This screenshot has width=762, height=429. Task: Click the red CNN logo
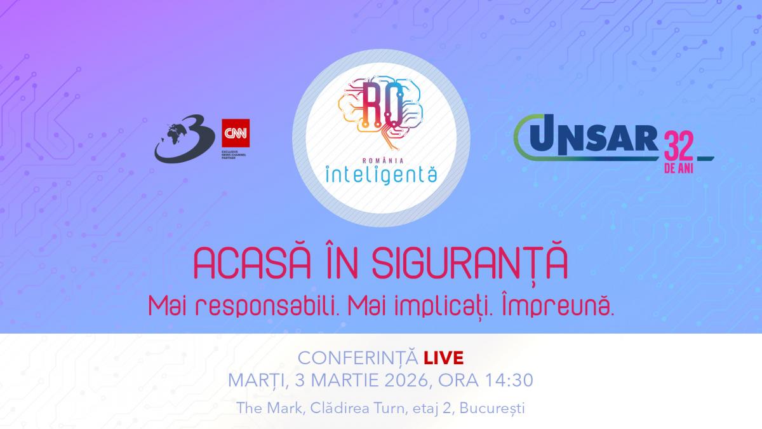[x=235, y=133]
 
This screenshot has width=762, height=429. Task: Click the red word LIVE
[x=447, y=358]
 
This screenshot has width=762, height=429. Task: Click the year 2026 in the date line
[x=396, y=381]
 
